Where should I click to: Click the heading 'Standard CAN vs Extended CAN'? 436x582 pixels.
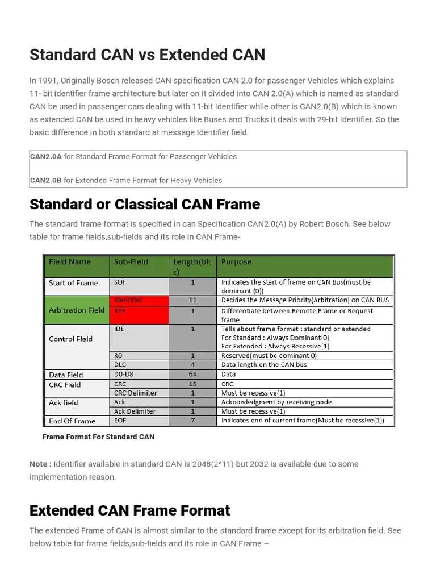point(147,55)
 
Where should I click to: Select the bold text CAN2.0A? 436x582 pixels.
point(45,156)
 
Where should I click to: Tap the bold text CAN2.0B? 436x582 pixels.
point(45,180)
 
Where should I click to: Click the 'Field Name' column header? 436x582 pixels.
point(69,262)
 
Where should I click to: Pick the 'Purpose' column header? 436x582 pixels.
point(236,262)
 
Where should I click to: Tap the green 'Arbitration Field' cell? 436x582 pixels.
point(77,310)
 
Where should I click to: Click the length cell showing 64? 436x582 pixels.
point(193,375)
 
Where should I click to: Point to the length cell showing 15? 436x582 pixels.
point(193,384)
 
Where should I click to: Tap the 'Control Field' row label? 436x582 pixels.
point(70,339)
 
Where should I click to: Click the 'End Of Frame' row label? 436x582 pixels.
point(72,421)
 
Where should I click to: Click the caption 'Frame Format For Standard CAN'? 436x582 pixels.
point(98,437)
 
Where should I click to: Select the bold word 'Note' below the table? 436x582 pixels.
point(39,464)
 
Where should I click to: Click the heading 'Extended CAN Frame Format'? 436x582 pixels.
point(129,510)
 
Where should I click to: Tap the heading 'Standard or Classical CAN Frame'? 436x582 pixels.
point(145,204)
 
